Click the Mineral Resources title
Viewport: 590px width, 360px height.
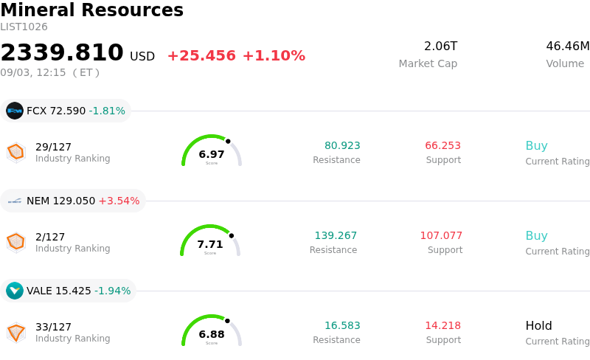[x=91, y=10]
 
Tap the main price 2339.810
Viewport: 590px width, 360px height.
[x=62, y=52]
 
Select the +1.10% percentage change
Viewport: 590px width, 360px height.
[x=274, y=56]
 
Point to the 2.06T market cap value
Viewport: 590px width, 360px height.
[x=440, y=46]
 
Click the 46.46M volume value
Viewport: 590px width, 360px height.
[x=568, y=46]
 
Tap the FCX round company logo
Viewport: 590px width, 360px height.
[x=15, y=111]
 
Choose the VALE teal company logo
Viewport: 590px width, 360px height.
[x=15, y=291]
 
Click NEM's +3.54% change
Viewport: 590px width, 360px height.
[x=119, y=201]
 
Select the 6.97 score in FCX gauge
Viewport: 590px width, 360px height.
[x=212, y=154]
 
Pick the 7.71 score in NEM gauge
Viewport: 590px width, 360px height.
[x=210, y=244]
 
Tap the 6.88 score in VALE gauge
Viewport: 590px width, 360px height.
[x=212, y=334]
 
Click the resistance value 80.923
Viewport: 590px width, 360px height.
[x=342, y=145]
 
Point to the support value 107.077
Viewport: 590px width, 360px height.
[x=441, y=235]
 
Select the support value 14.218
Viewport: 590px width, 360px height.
[x=443, y=325]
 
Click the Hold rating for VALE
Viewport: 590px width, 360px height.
[x=539, y=325]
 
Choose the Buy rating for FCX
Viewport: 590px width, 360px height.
[x=537, y=146]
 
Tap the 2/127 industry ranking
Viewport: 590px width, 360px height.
[x=50, y=237]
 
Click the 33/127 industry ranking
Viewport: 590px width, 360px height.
[x=53, y=327]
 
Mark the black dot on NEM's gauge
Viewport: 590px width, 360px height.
[x=232, y=236]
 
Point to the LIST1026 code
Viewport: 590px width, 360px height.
[x=24, y=27]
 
